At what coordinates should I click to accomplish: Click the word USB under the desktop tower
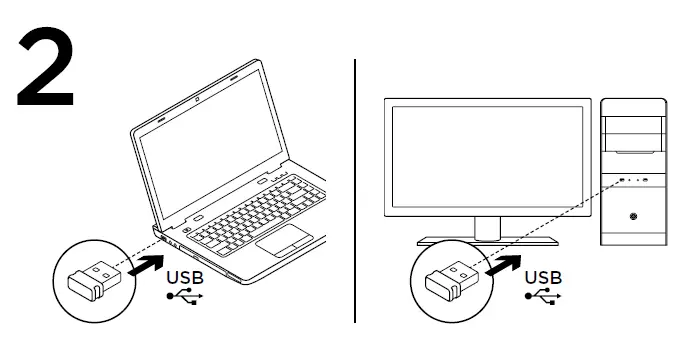543,276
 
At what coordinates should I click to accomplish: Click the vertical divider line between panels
355,190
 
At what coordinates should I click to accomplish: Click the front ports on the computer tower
633,180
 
